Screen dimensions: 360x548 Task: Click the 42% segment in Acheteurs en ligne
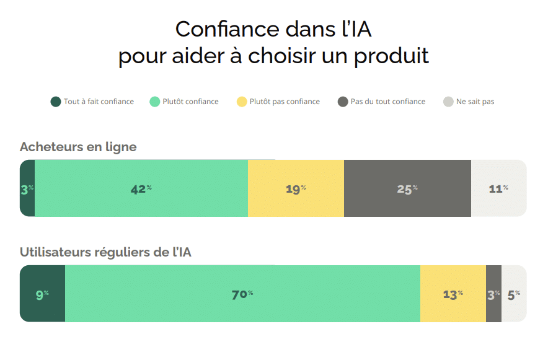141,188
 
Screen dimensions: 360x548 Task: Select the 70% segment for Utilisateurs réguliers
242,294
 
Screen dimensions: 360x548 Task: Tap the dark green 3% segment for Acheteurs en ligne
27,188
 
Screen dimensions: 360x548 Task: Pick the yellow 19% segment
296,188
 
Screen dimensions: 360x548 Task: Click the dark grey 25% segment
407,188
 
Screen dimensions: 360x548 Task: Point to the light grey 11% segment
498,188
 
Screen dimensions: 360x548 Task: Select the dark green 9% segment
42,294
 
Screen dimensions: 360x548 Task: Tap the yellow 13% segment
453,294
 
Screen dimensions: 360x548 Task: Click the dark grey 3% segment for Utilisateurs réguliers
493,294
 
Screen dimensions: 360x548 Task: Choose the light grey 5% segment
514,294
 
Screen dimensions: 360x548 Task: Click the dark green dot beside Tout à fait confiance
56,102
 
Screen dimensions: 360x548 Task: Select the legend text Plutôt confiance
190,102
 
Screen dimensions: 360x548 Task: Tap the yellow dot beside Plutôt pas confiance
242,102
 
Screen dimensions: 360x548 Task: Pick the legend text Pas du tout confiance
387,102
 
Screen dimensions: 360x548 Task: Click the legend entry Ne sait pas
475,102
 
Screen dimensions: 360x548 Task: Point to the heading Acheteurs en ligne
78,147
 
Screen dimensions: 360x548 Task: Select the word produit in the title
391,56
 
